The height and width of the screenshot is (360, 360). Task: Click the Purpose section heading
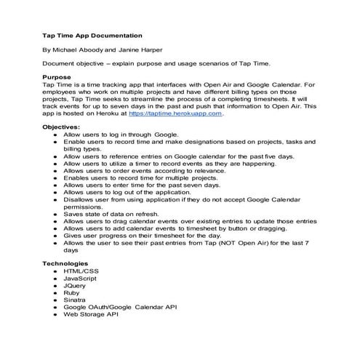pos(57,76)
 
